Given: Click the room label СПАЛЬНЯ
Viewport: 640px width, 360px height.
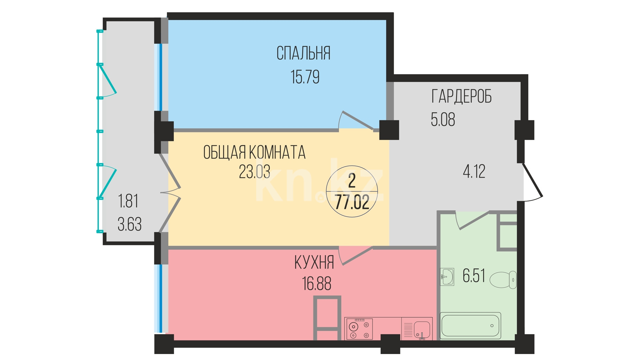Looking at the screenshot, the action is [303, 53].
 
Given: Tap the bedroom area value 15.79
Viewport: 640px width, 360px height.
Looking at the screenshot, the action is [305, 77].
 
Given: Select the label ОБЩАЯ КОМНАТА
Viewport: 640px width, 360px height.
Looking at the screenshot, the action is [254, 153].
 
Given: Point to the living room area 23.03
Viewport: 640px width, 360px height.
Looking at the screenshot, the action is [255, 171].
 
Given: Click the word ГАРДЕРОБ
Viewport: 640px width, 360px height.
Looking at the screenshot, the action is [462, 96].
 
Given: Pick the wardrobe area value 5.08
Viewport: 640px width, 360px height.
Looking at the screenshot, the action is [443, 120].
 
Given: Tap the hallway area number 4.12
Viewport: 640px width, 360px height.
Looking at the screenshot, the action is [474, 171].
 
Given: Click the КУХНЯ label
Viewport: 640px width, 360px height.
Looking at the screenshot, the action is [314, 263].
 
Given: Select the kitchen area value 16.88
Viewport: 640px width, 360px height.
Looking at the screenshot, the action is [317, 284].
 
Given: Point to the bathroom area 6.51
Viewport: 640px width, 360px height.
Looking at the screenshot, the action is [474, 275].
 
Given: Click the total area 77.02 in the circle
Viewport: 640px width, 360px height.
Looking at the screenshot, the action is [352, 202].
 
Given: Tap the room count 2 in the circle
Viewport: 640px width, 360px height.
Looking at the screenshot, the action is [352, 181].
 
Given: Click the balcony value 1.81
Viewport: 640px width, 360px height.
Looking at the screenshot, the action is [128, 201].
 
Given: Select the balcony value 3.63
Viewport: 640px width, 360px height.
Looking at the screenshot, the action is [130, 224].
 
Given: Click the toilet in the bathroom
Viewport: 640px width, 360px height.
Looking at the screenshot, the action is [503, 280].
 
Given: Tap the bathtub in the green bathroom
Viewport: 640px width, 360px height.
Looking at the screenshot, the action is [470, 325].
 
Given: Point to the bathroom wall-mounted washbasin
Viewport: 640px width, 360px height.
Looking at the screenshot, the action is [447, 277].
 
